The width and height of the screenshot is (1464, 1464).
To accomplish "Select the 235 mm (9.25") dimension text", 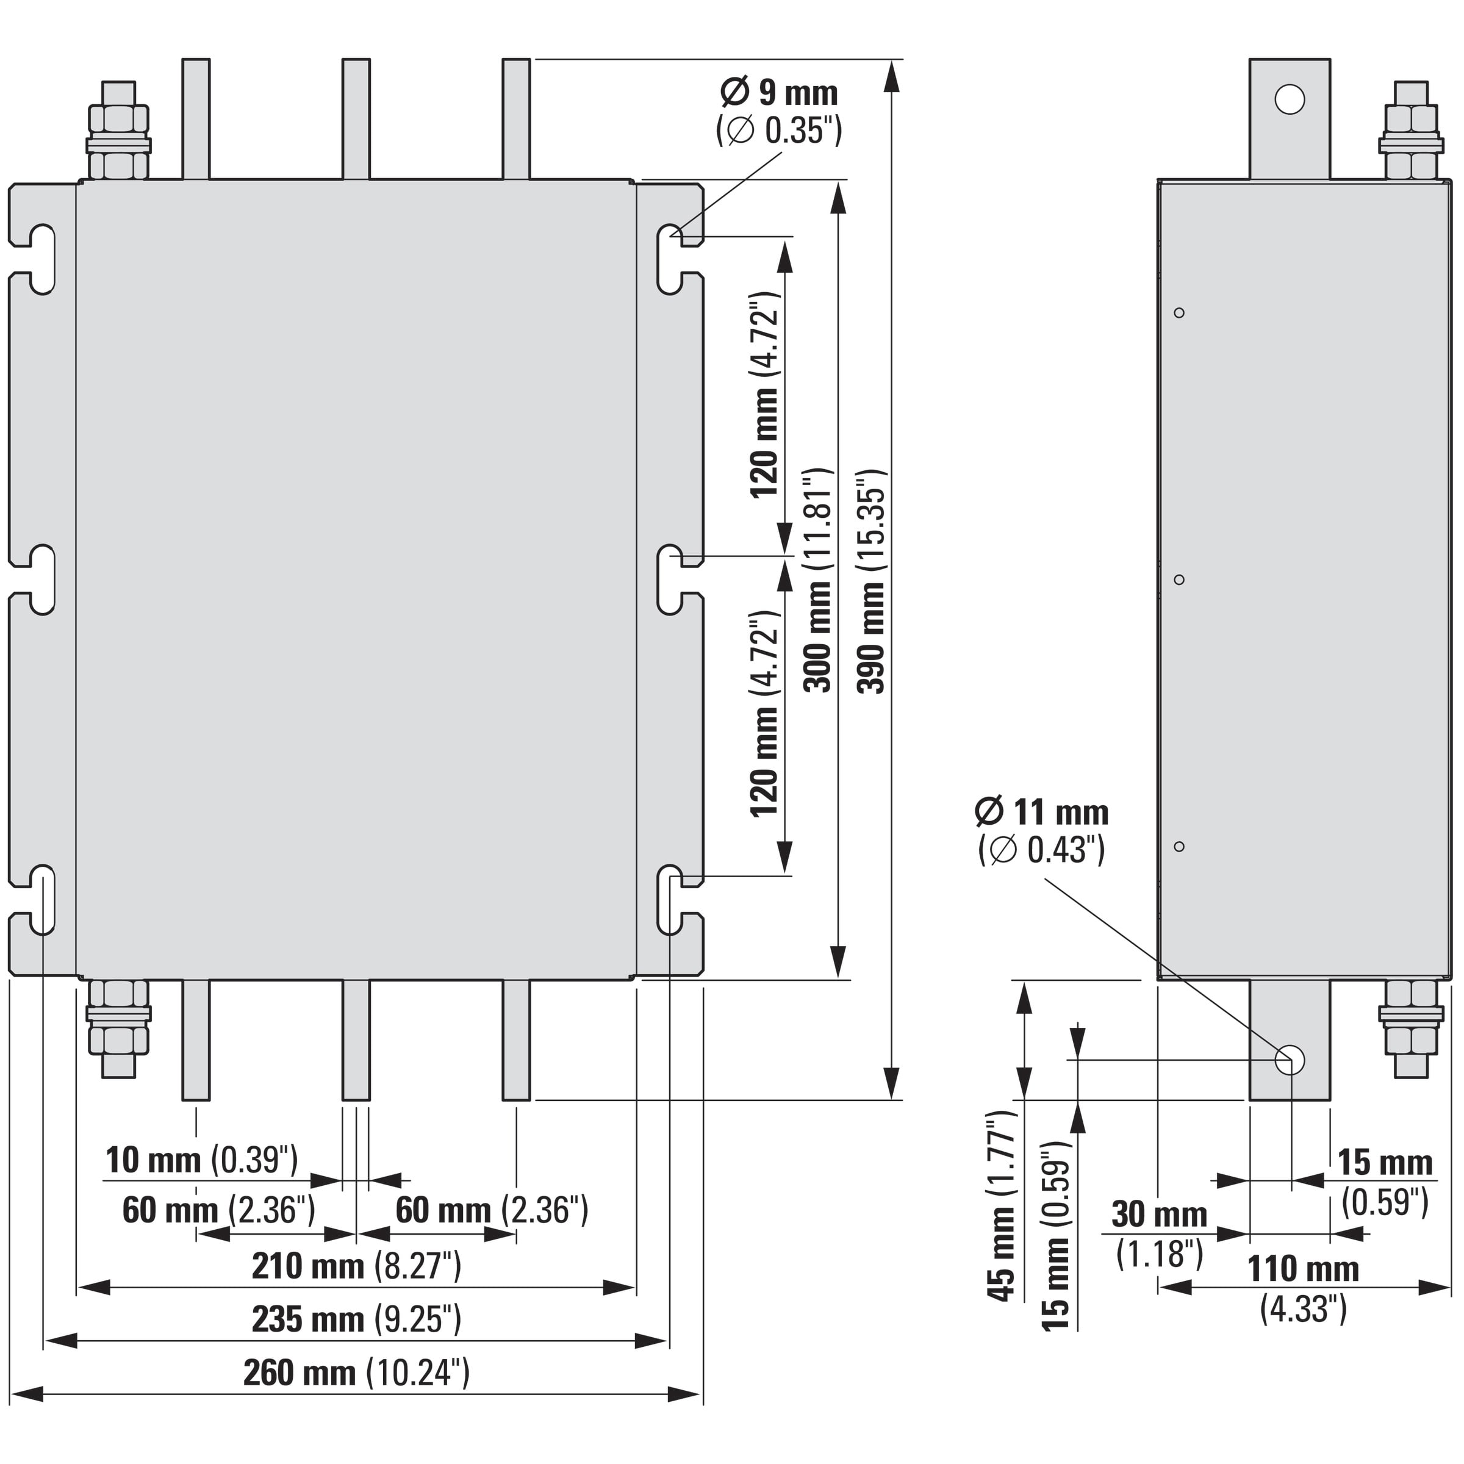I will click(356, 1319).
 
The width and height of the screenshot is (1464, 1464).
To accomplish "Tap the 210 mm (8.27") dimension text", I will click(356, 1266).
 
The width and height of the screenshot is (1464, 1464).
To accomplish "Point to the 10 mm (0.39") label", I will click(201, 1160).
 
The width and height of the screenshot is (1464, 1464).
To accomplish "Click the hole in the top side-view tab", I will click(1289, 99).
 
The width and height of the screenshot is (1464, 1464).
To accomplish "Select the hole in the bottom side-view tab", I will click(1289, 1060).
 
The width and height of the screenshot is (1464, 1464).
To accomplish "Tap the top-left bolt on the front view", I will click(119, 129).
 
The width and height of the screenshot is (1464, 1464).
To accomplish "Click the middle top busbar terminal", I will click(356, 119).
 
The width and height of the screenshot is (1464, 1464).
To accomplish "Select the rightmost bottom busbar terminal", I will click(516, 1039).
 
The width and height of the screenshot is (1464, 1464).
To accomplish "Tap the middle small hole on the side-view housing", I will click(1179, 579).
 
